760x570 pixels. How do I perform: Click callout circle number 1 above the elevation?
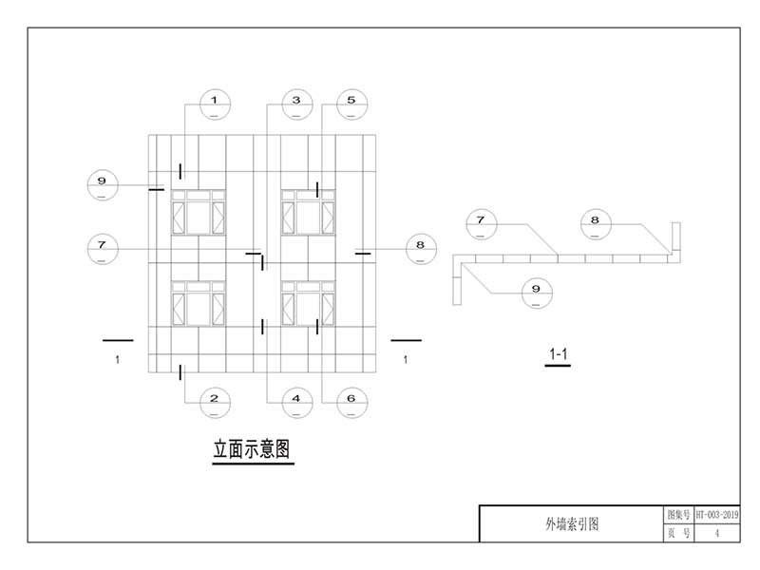[x=215, y=104]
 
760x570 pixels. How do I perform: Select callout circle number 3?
[x=296, y=104]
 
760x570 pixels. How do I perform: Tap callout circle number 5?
[x=351, y=104]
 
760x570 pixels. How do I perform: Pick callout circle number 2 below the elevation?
[x=215, y=402]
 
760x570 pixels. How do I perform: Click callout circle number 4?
[x=296, y=402]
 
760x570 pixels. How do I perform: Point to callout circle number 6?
[x=351, y=402]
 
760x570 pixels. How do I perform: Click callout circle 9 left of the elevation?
[x=103, y=183]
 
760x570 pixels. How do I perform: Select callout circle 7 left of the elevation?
[x=103, y=249]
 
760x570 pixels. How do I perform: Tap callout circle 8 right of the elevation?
[x=420, y=249]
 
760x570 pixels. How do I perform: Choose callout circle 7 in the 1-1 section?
[x=482, y=224]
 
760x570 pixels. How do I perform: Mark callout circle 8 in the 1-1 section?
[x=596, y=224]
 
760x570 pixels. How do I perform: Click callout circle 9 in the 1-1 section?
[x=537, y=292]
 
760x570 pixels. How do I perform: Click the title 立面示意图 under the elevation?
[x=250, y=448]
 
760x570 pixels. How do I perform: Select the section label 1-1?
[x=559, y=355]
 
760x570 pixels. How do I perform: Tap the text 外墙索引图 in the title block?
[x=571, y=523]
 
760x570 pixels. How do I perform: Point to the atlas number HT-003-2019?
[x=717, y=514]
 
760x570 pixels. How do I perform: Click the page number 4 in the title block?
[x=717, y=534]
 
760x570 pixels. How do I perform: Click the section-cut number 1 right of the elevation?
[x=406, y=359]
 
